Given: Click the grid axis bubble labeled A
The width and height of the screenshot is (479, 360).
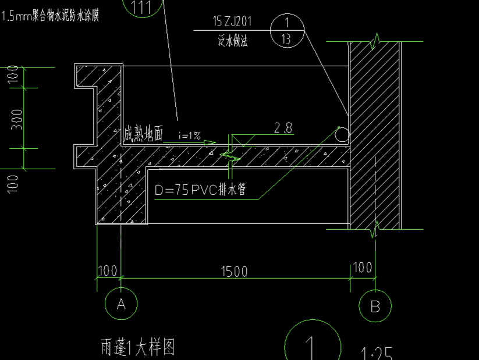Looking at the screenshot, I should [x=121, y=304].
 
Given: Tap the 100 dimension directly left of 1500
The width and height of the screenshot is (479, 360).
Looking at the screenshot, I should [x=107, y=270].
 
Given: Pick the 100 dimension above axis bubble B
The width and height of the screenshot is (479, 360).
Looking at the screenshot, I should [x=363, y=268].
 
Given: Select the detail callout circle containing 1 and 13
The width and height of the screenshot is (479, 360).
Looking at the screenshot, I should [x=288, y=31].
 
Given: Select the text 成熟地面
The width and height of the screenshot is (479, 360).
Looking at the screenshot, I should [x=143, y=135].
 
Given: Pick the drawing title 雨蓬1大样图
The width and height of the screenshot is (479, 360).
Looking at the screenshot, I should [x=137, y=347].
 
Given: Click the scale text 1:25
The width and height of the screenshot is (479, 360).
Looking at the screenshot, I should [x=377, y=352].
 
